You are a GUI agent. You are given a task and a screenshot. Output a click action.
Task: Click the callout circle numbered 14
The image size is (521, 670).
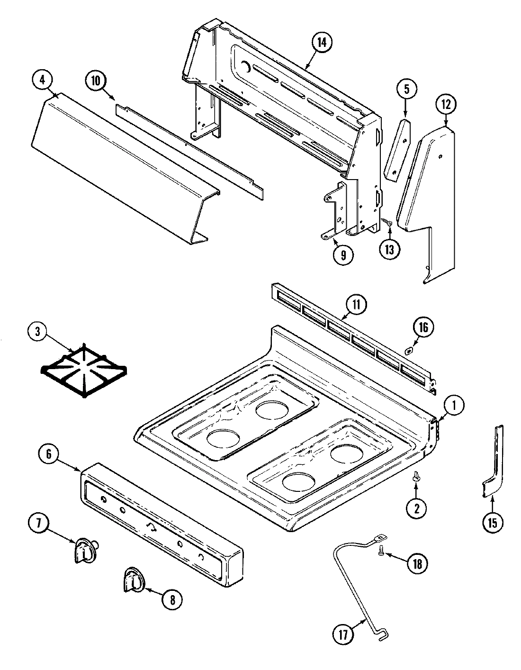tap(321, 42)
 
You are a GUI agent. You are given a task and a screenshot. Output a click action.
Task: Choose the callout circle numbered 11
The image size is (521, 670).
tap(356, 305)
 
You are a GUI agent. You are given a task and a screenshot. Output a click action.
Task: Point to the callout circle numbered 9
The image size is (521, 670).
tap(343, 255)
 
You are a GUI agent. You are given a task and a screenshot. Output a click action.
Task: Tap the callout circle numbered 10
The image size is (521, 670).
tap(96, 81)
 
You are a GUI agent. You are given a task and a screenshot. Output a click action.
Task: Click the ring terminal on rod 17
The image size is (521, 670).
tap(380, 537)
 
